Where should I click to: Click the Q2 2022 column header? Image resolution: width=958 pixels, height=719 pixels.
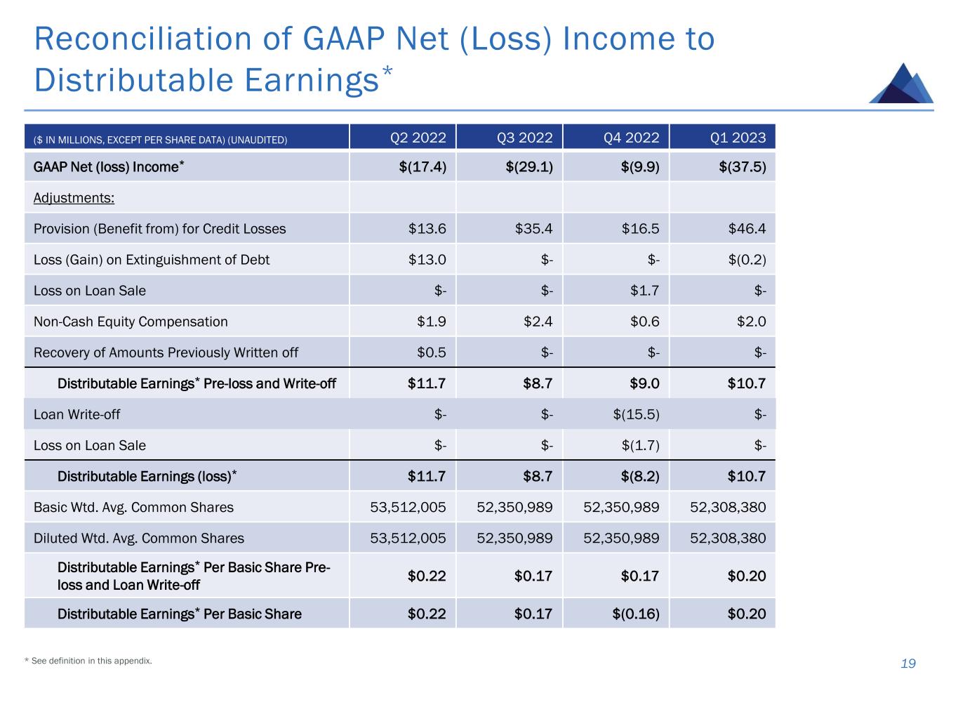pos(418,137)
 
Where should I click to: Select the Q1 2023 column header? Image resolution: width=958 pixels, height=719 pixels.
pos(738,137)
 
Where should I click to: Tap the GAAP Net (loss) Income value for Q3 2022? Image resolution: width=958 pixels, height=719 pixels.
pos(528,167)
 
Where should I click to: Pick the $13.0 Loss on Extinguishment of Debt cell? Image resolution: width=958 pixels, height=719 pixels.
pos(427,260)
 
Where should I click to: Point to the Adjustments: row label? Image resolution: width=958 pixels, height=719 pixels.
pos(74,198)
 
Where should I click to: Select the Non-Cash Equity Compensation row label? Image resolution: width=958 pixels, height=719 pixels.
pos(131,322)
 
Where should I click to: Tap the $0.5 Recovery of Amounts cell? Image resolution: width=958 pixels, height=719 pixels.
pos(431,352)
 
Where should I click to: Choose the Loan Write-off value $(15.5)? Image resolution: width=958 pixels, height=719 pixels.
pos(636,414)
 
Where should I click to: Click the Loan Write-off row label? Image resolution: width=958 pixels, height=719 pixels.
pos(76,414)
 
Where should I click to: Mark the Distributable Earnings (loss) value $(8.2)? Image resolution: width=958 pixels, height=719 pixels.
pos(640,477)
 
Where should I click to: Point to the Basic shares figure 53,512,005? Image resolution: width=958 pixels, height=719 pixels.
pos(408,508)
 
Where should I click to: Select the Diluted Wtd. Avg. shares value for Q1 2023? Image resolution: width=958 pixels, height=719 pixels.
pos(728,539)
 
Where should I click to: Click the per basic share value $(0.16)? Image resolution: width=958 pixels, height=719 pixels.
pos(636,614)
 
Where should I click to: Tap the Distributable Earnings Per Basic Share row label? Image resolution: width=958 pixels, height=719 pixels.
pos(179,614)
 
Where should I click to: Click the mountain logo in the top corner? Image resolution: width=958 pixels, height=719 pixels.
pos(901,84)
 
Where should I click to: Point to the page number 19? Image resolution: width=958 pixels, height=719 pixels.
pos(908,664)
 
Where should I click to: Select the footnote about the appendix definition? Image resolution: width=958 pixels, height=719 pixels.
pos(88,661)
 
